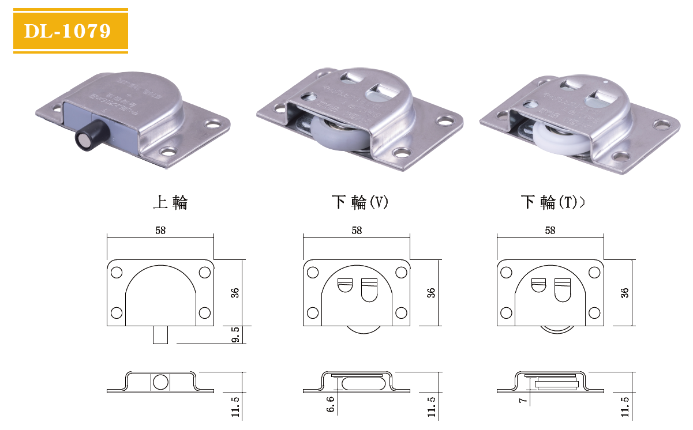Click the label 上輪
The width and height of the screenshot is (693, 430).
[x=170, y=202]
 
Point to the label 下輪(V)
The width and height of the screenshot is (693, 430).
[x=360, y=202]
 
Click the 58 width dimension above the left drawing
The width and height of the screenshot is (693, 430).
[x=160, y=231]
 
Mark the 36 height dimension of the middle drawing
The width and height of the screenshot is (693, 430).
[x=432, y=292]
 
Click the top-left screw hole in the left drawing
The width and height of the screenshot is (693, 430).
[x=117, y=272]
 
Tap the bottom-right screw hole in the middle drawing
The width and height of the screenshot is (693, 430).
[x=400, y=313]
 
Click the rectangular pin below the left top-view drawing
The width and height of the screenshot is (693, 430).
[x=160, y=335]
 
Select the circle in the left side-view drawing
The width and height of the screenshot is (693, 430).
[x=160, y=382]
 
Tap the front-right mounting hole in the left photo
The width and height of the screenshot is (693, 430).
[x=168, y=152]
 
